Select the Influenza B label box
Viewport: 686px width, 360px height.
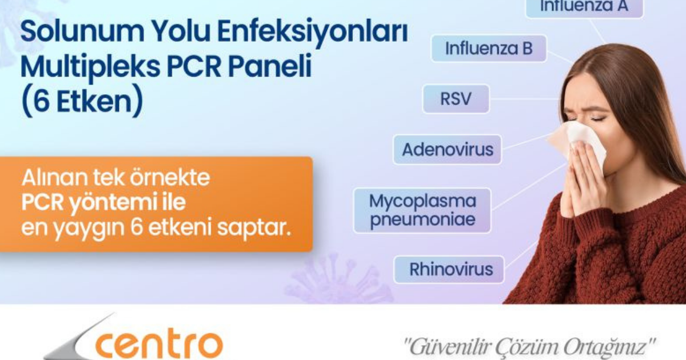pos(489,49)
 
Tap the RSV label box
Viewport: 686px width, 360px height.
pos(456,98)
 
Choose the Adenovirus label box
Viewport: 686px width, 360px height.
pos(448,149)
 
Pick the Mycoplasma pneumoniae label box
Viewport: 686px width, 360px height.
pos(422,210)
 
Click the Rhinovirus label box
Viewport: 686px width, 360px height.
pos(449,269)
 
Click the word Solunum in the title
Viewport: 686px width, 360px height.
pos(82,31)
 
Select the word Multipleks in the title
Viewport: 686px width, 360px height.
pos(90,67)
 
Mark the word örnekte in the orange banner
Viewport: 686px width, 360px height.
pos(170,177)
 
